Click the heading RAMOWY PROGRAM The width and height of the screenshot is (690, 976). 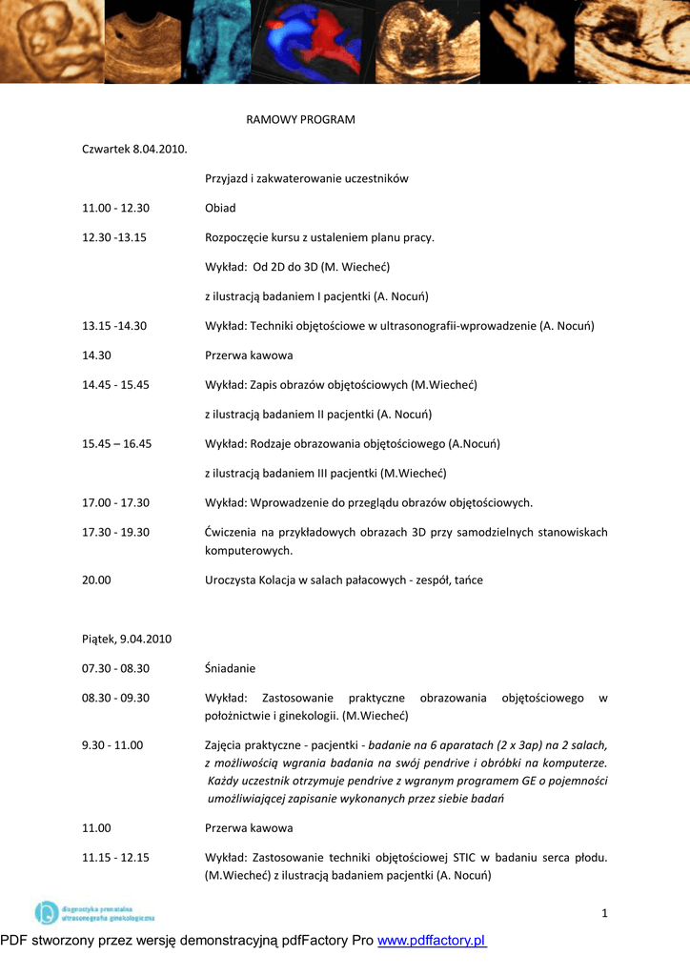coord(300,120)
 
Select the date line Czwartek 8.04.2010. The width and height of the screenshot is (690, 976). coord(134,150)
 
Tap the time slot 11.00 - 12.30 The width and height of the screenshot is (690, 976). coord(115,208)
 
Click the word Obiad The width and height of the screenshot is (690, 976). coord(220,208)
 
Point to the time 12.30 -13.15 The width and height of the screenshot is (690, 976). coord(114,237)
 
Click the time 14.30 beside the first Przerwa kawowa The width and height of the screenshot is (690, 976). coord(96,356)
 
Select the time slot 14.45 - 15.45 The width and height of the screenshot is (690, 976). coord(115,385)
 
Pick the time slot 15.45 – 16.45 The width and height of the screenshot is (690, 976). coord(116,443)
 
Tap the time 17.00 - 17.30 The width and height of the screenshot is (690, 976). coord(115,502)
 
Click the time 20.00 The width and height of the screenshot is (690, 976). coord(96,579)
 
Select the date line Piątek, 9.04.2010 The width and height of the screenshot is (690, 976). coord(127,639)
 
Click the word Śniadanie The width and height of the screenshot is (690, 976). coord(230,668)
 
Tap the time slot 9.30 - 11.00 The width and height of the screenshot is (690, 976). coord(112,745)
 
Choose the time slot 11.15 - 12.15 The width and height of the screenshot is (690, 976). coord(115,858)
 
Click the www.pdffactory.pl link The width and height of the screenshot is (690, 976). coord(432,942)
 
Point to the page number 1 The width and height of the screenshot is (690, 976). coord(604,915)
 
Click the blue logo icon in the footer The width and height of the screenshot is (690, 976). coord(46,913)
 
